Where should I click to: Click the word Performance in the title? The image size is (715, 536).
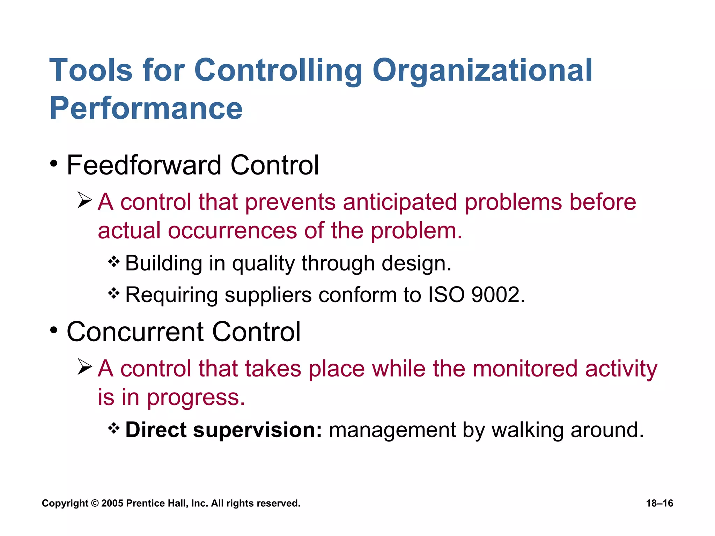point(146,108)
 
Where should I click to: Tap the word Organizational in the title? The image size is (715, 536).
point(482,70)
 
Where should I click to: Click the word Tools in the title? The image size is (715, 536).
point(91,70)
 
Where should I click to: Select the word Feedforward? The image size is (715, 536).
point(144,165)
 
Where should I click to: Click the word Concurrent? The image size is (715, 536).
point(135,332)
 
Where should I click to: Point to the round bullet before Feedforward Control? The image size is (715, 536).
point(53,164)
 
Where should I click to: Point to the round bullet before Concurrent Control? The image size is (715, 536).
point(53,330)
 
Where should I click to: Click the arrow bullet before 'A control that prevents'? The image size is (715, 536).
point(84,200)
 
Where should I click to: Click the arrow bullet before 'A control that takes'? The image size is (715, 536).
point(84,366)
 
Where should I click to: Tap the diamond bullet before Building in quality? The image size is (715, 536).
point(114,261)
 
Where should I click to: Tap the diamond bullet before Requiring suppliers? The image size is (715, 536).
point(114,293)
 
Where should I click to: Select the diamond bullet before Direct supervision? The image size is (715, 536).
point(114,428)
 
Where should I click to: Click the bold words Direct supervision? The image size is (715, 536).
point(223,430)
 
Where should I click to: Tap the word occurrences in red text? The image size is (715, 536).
point(232,231)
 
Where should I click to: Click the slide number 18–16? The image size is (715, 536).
point(659,503)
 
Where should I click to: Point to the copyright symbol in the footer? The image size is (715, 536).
point(95,504)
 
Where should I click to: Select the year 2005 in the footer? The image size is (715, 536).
point(112,503)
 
